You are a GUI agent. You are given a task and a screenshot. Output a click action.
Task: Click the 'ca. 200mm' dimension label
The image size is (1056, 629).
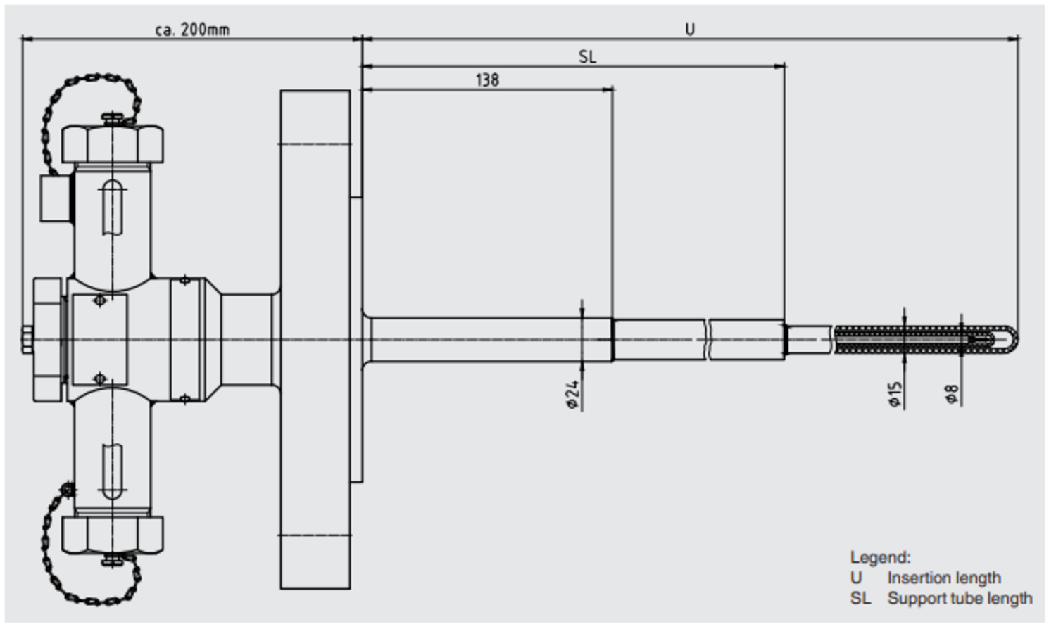[191, 30]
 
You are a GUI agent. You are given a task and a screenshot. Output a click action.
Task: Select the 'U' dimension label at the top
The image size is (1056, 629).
[690, 30]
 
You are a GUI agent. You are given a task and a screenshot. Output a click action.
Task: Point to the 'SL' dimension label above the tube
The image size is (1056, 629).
[587, 57]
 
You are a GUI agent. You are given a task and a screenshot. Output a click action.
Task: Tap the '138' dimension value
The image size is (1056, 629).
[487, 80]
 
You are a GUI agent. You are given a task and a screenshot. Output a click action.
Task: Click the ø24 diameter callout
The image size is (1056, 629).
[573, 395]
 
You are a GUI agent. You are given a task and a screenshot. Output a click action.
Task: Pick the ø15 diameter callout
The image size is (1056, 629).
[895, 395]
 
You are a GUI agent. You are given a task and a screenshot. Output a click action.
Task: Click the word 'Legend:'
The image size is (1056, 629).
[880, 557]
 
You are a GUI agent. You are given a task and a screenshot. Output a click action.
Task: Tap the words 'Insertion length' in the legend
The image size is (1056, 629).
[943, 578]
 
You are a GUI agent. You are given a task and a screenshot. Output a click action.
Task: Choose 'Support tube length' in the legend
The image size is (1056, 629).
[960, 598]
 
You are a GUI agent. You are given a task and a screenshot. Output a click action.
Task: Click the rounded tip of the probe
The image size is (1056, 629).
[1011, 339]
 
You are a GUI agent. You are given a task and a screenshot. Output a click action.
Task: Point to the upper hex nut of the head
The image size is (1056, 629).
[113, 144]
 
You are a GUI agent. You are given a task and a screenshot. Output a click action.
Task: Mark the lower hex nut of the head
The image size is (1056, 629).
[113, 534]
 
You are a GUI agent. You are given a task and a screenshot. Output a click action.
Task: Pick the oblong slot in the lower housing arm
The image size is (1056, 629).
[113, 471]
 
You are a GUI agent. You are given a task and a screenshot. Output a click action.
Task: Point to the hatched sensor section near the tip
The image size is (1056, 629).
[901, 339]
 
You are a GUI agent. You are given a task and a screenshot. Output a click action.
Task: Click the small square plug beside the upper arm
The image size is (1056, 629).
[56, 198]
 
